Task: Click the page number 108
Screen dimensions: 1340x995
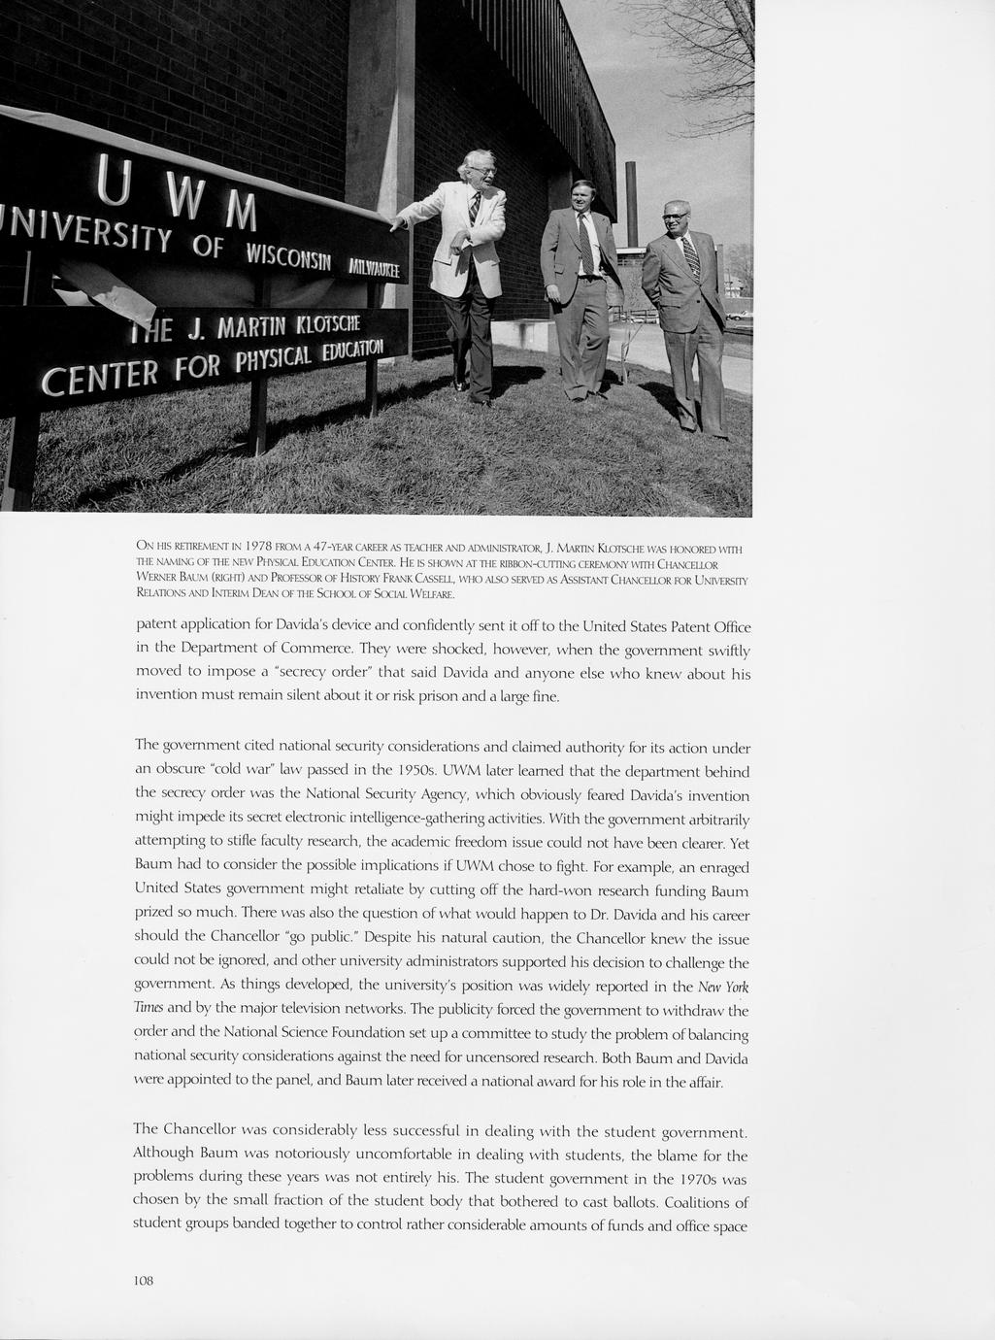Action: point(144,1280)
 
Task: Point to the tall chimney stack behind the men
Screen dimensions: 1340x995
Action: point(632,204)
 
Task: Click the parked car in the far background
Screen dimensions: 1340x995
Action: point(739,316)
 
